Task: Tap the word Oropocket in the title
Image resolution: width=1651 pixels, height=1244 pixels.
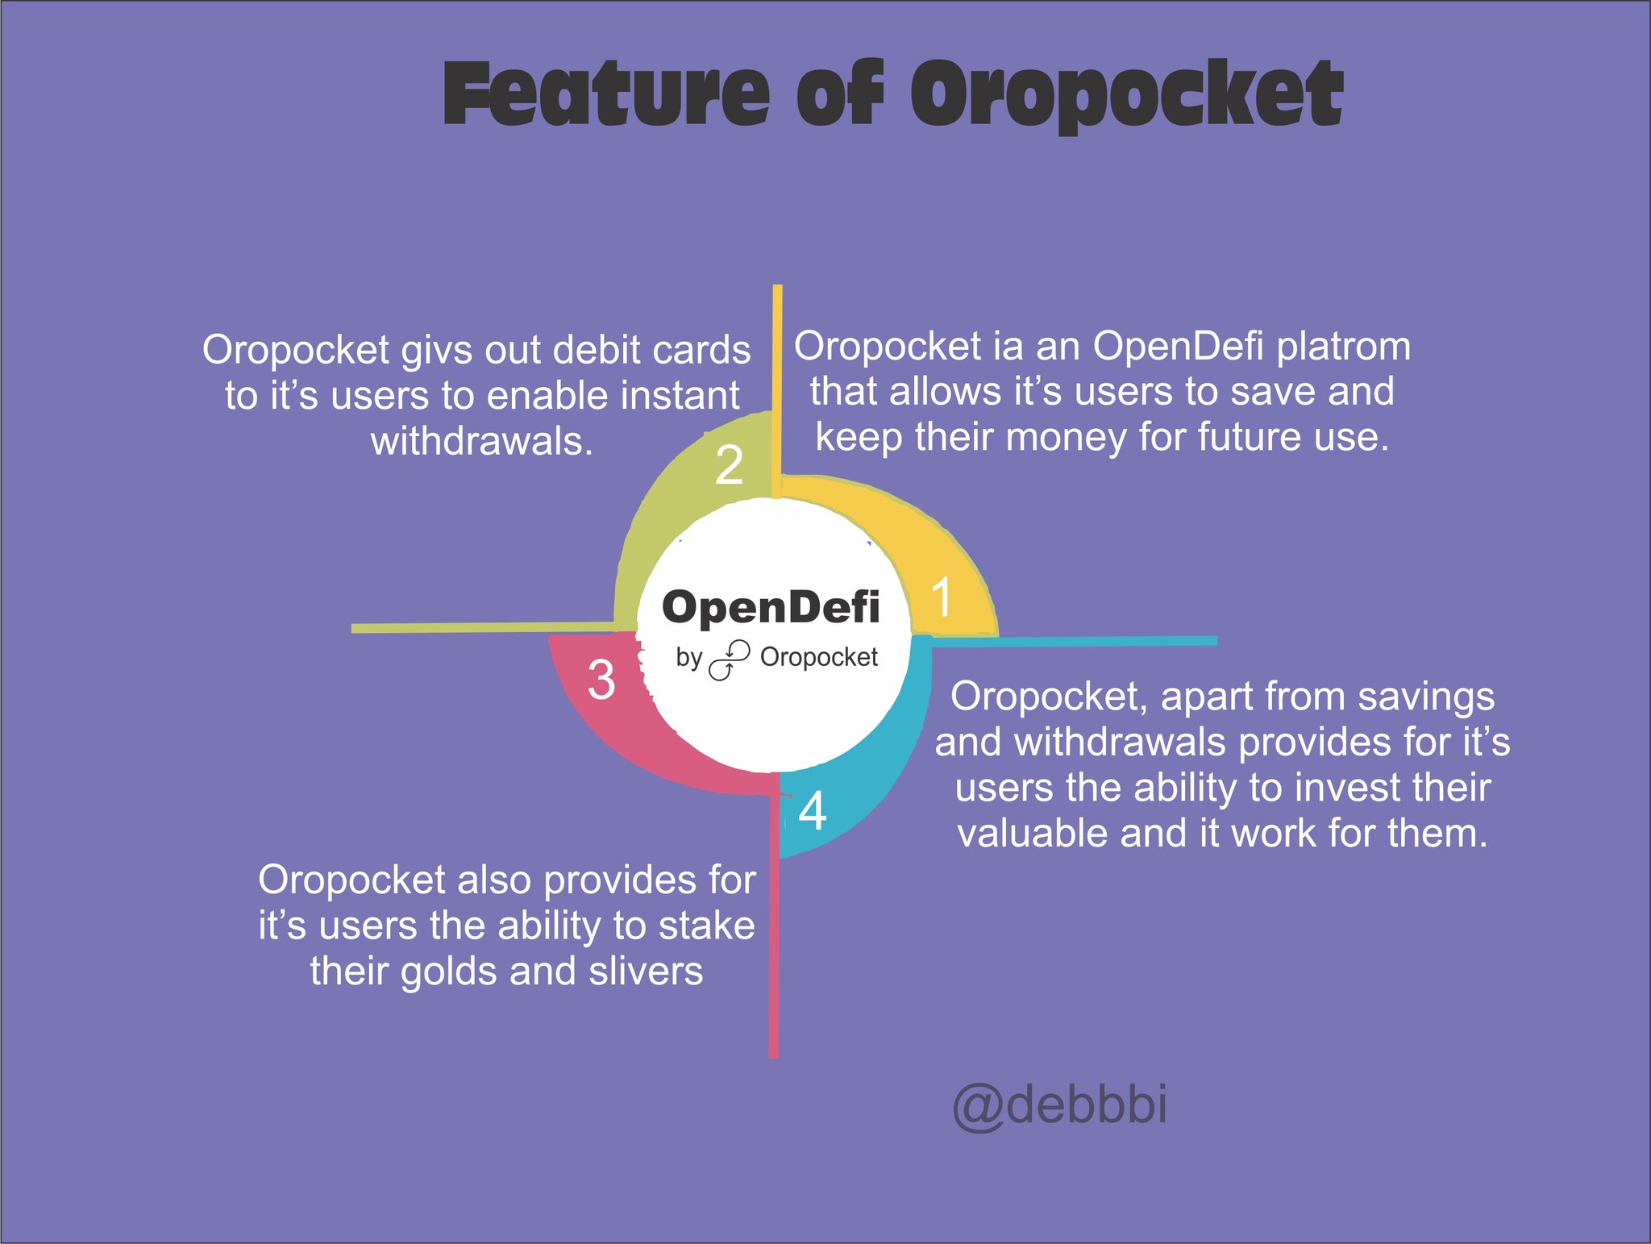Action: pos(1127,96)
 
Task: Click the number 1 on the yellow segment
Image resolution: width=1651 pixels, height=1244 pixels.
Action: pos(942,597)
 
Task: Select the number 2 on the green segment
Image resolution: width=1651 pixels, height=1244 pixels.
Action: pos(729,465)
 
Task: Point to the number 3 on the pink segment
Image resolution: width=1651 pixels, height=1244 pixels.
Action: pos(601,679)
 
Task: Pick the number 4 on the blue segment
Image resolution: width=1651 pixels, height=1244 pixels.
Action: pos(813,811)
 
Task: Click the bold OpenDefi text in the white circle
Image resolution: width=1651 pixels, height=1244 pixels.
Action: pos(771,606)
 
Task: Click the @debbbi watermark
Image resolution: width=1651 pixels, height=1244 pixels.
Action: pos(1059,1105)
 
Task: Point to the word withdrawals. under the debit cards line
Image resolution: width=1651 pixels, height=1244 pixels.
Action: pos(482,441)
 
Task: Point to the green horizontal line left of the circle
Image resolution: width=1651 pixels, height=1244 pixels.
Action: pos(483,627)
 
